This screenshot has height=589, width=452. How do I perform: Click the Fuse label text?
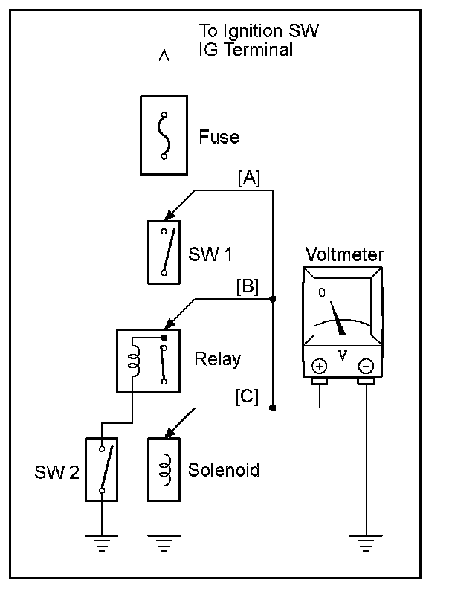219,137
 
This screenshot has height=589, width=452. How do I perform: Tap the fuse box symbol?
164,135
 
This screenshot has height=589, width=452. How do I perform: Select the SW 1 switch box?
164,252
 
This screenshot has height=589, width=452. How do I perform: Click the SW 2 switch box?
102,469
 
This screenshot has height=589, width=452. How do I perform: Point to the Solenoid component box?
164,469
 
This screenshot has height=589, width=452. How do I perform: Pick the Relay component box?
149,361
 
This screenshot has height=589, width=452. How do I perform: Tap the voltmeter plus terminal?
320,366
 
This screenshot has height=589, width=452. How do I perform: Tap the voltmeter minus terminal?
366,366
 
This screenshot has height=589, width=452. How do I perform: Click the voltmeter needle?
338,318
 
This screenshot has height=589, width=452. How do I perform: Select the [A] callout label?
249,178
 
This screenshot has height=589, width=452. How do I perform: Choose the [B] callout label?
248,287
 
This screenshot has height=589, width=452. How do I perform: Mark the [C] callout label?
247,396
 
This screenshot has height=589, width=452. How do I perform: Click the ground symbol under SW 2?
102,543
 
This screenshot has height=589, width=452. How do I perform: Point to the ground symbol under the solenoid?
164,543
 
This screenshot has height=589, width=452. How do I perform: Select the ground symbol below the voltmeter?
366,543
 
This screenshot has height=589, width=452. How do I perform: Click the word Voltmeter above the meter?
344,254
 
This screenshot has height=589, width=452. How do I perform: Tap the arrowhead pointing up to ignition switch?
164,55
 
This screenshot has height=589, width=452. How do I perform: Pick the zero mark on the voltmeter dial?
322,292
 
